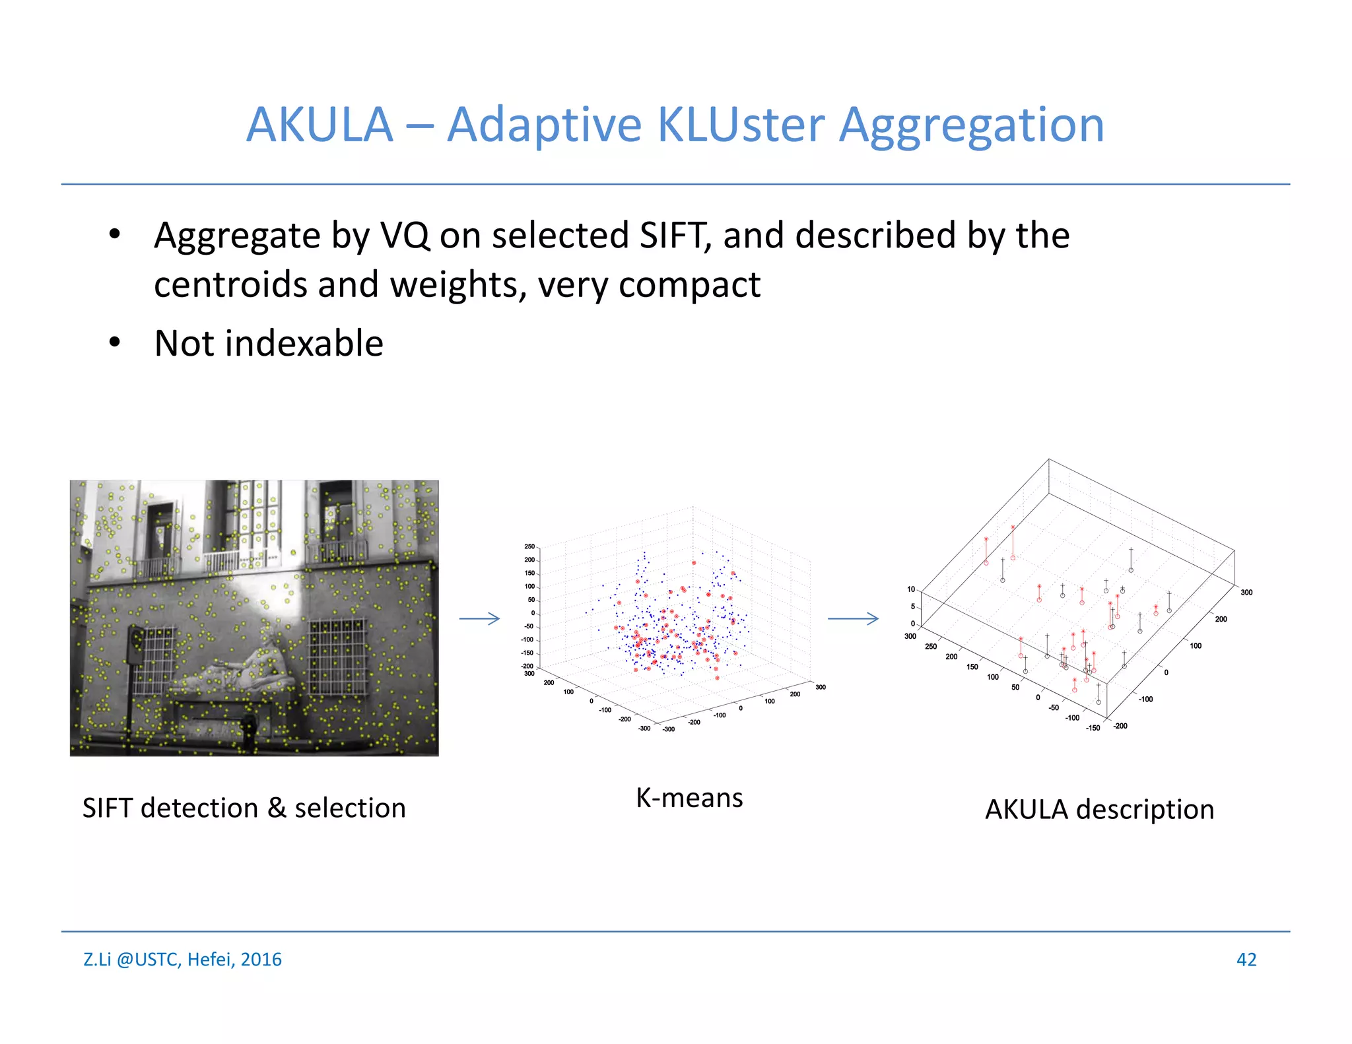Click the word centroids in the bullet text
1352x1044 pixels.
click(230, 285)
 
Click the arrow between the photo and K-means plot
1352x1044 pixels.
click(479, 618)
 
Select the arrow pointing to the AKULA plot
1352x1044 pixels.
click(853, 618)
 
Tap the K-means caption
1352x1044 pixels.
click(689, 798)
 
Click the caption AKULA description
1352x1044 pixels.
click(1099, 809)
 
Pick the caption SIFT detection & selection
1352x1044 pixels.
click(244, 808)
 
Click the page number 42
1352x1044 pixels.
click(1246, 960)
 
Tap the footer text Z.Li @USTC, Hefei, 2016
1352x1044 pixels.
click(182, 960)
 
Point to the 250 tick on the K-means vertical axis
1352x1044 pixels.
click(529, 546)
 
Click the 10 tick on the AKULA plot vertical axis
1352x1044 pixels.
click(911, 589)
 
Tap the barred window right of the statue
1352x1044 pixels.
click(337, 655)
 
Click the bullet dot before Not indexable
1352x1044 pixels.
click(115, 342)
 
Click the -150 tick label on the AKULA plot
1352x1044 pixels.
click(1093, 728)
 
